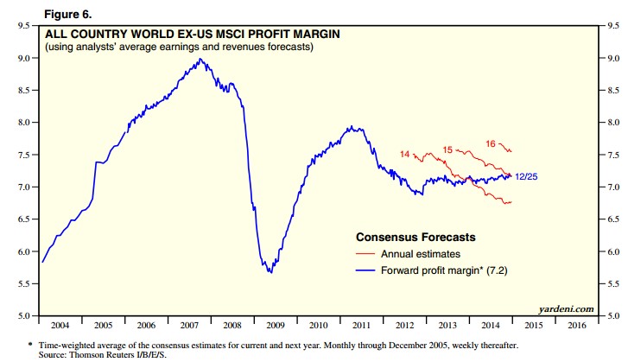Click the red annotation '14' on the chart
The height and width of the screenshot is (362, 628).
point(404,155)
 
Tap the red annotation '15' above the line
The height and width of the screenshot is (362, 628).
point(447,150)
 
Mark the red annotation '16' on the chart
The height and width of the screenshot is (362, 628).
point(491,143)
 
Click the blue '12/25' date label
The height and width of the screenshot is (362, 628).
point(526,176)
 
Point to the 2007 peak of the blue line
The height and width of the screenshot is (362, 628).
point(200,59)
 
